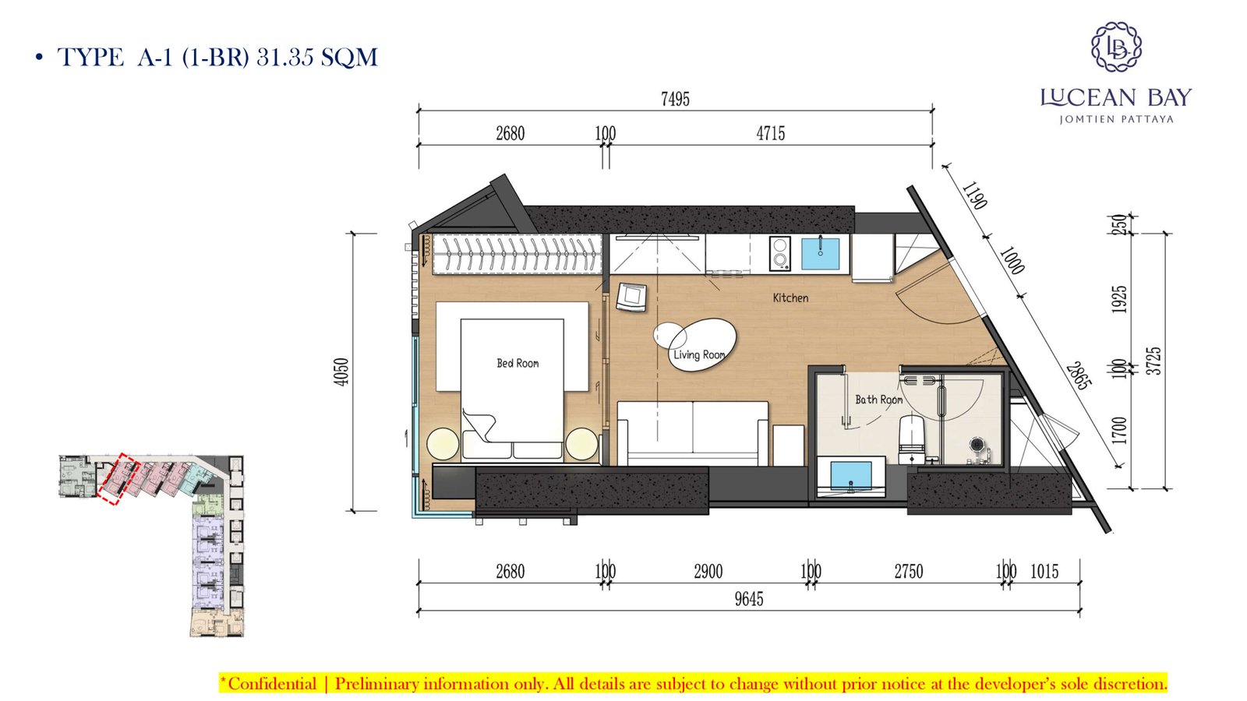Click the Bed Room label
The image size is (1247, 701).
point(518,363)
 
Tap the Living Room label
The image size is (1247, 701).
point(699,354)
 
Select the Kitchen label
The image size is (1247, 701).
point(790,298)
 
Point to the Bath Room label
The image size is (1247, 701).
point(879,400)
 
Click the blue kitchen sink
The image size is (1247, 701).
point(821,254)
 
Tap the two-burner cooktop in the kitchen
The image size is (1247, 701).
point(780,254)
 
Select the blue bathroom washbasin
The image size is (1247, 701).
point(851,477)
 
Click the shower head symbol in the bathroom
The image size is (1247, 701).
point(978,445)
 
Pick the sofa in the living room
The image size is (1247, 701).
point(693,433)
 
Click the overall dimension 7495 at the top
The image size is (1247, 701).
point(675,99)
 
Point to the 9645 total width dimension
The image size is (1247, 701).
point(749,599)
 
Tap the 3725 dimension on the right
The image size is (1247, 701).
point(1154,361)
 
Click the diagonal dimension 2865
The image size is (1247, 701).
point(1079,376)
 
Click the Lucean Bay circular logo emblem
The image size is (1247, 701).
point(1116,47)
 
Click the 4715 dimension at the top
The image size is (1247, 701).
point(771,133)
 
